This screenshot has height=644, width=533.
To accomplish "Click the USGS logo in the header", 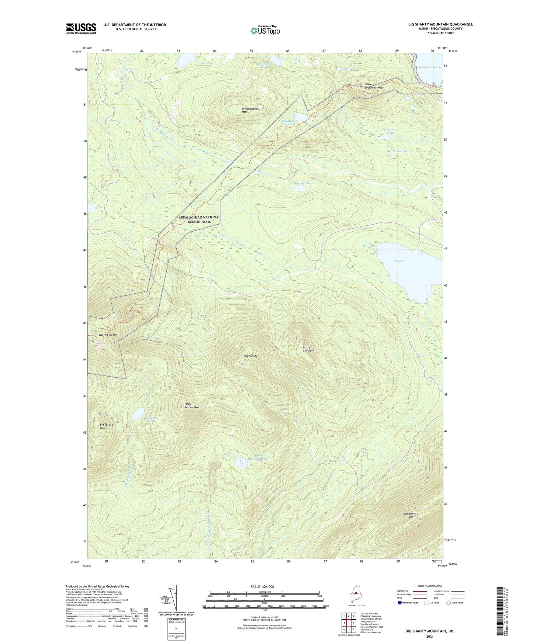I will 81,28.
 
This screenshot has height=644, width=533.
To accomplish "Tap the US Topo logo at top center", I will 265,30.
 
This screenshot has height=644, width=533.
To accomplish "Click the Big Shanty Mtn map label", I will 251,357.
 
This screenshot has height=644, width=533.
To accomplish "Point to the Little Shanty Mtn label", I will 310,349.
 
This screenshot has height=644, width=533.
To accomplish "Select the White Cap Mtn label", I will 108,335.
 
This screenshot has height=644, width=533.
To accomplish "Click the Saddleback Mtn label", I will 411,515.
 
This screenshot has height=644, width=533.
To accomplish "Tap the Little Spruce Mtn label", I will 191,406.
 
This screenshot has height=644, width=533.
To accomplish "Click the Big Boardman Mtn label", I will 250,110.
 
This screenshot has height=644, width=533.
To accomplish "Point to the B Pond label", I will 399,261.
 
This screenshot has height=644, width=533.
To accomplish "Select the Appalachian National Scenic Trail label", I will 199,219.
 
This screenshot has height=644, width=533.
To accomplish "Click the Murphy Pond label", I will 303,183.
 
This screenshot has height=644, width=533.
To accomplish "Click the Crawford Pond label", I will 429,67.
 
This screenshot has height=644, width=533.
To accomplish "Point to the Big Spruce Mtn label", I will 106,426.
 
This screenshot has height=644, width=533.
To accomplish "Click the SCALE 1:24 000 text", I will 262,586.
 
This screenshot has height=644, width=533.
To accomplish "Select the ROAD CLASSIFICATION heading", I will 430,586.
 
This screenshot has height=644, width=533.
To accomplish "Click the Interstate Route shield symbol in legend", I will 400,603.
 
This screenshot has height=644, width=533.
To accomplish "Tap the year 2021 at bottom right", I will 429,636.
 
